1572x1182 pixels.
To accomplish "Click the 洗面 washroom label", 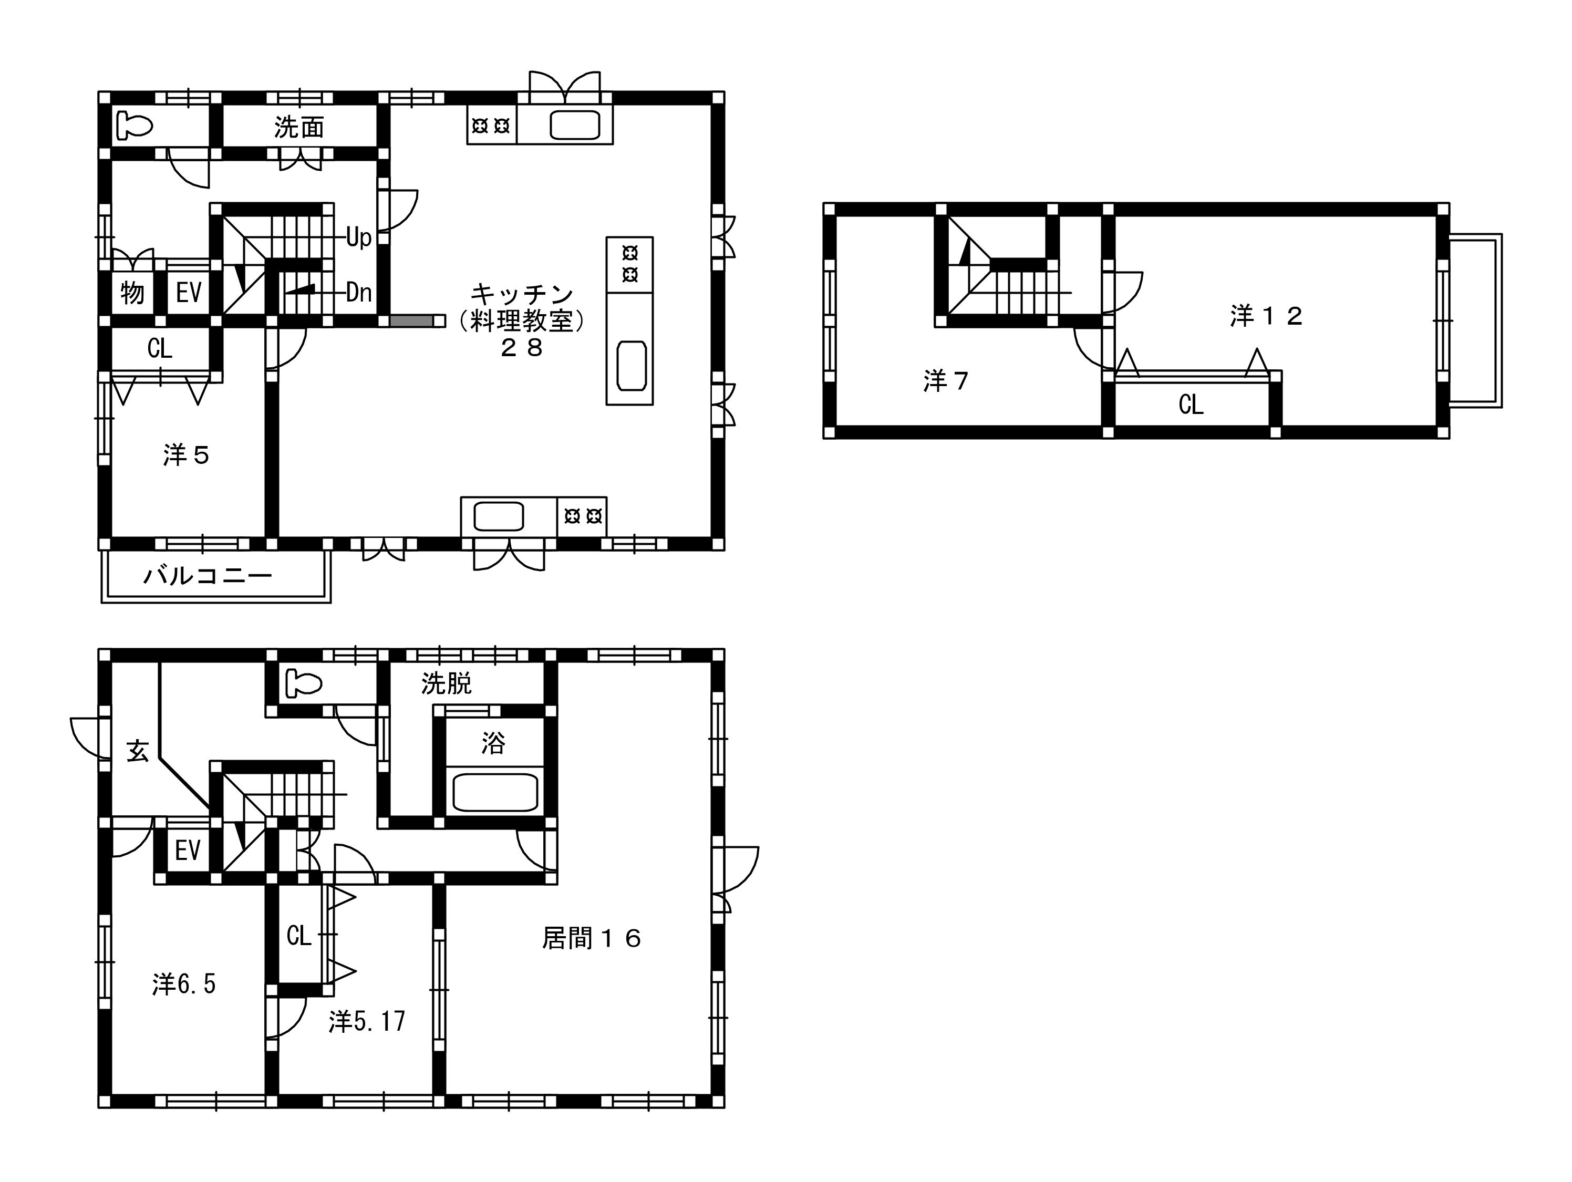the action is (x=299, y=128).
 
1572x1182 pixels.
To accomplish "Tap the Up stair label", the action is (x=359, y=237).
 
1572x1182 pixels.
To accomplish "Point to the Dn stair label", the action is (x=359, y=292).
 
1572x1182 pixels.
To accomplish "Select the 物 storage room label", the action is (x=132, y=293).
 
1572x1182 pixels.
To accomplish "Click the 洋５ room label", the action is (x=186, y=455).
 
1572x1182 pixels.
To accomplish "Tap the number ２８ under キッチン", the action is (x=522, y=348).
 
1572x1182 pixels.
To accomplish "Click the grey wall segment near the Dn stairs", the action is (x=411, y=322).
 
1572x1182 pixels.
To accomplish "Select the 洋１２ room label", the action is (x=1266, y=316).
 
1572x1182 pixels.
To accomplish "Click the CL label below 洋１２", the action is (x=1191, y=405).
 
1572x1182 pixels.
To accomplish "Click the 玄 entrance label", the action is (x=138, y=751).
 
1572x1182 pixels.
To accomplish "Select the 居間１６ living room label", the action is (x=592, y=939).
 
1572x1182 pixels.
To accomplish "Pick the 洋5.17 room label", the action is (x=367, y=1021).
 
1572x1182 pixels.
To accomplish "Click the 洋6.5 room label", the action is (x=183, y=984).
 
